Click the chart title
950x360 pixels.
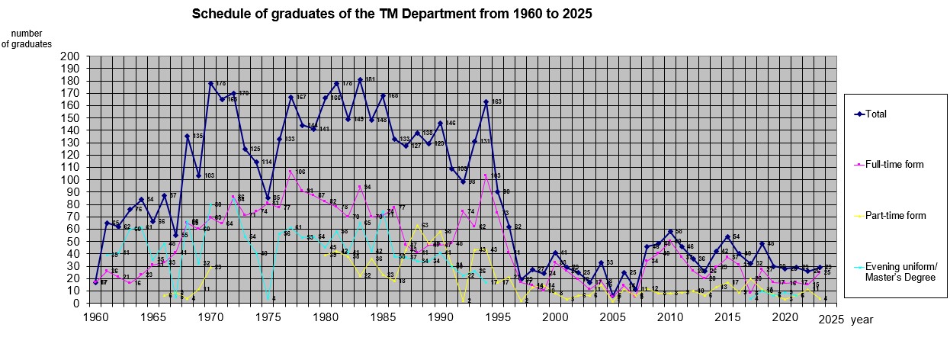(392, 14)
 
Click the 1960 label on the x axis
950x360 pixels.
(95, 316)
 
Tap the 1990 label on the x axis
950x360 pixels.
(441, 316)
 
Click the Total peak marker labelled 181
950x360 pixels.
(360, 80)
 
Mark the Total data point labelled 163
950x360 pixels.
(486, 102)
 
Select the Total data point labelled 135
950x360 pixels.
(187, 137)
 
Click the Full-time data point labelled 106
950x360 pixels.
(290, 172)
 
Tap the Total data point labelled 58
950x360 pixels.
(670, 232)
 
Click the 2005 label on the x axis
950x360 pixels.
(613, 316)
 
